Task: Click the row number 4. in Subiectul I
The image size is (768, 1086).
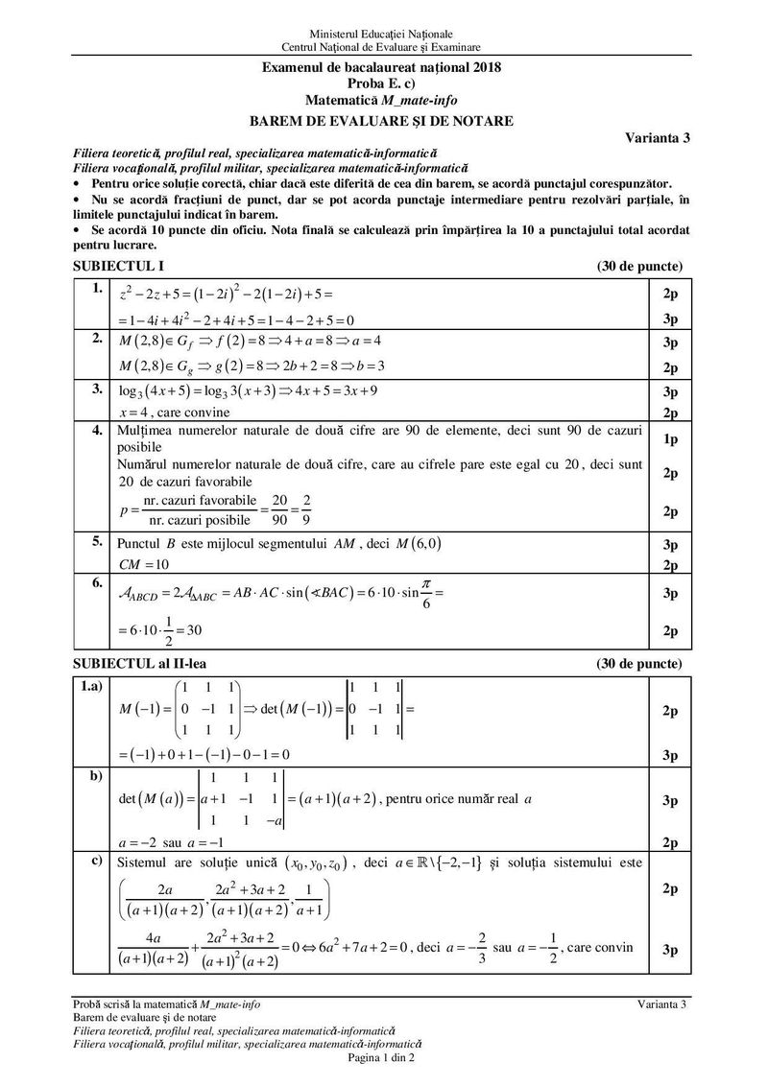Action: tap(97, 431)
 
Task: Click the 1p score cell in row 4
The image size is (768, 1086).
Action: tap(670, 438)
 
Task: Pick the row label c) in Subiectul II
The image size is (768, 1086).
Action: tap(97, 860)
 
